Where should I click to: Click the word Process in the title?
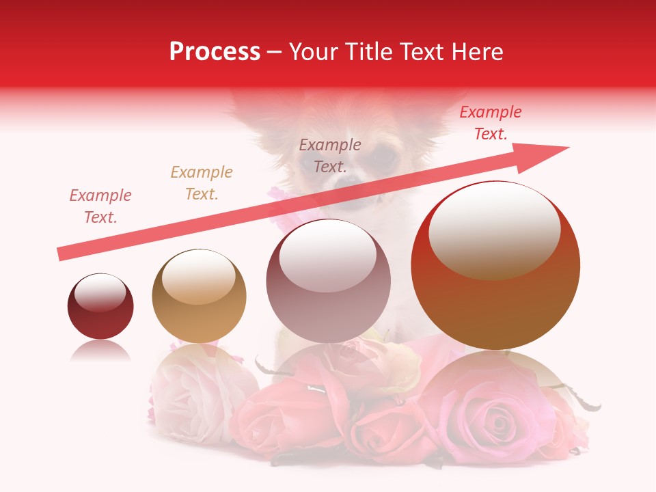coord(215,52)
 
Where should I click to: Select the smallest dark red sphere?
coord(100,307)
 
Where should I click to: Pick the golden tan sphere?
coord(199,295)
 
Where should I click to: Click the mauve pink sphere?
coord(328,281)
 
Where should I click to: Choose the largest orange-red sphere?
coord(495,265)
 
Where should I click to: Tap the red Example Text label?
coord(491,123)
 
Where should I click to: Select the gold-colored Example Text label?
coord(202,183)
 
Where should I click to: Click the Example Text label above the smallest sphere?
coord(100,206)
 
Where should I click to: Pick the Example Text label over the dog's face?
coord(330,156)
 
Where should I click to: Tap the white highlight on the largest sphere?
coord(494,229)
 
